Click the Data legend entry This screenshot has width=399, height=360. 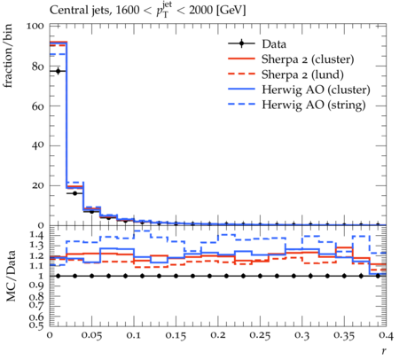[x=274, y=44]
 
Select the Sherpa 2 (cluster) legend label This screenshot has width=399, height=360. [x=308, y=59]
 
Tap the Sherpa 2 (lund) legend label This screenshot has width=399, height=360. [x=302, y=74]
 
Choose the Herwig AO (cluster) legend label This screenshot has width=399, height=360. [x=316, y=90]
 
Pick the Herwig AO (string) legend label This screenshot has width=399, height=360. [x=314, y=105]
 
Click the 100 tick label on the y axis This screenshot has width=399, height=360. [x=35, y=27]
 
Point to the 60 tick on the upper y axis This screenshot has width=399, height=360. [x=38, y=106]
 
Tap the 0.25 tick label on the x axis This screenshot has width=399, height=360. [x=260, y=335]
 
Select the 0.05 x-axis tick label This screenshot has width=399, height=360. [x=91, y=335]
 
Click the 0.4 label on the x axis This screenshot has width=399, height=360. [x=387, y=335]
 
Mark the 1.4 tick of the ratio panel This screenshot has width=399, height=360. [x=37, y=235]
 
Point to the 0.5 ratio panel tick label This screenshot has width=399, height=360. [x=37, y=325]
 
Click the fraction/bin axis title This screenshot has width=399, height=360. [x=8, y=56]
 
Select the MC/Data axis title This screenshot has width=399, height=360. [x=11, y=276]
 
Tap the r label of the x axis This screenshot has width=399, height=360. [x=384, y=351]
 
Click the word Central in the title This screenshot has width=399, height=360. [x=65, y=10]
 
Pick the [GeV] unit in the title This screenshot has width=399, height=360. [x=231, y=11]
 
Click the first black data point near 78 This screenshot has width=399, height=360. [x=58, y=71]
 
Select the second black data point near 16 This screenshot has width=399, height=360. [x=74, y=193]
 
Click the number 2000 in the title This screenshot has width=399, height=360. [x=200, y=10]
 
